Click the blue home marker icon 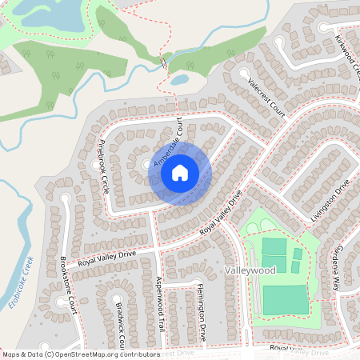[x=180, y=172]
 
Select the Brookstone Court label [x=70, y=285]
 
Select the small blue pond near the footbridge [x=179, y=79]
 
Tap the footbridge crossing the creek [x=164, y=61]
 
